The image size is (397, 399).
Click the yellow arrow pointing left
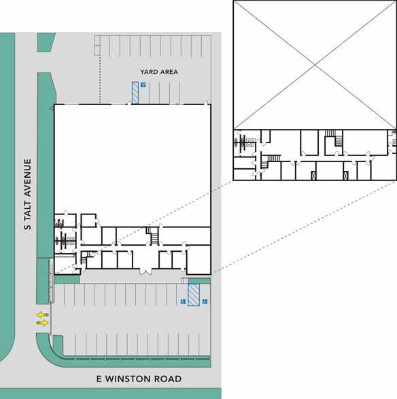coord(42,315)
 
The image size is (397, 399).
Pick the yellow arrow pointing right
coord(42,323)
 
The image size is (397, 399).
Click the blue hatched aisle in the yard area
coord(135,92)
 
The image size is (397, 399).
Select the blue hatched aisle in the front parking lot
coord(194,294)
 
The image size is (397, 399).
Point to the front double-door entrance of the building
coord(143,271)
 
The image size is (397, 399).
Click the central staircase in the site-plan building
coord(154,236)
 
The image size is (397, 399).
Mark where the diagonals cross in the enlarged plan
coord(315,65)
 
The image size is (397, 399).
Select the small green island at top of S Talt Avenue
coord(46,43)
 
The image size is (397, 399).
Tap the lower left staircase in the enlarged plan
coord(272,160)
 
